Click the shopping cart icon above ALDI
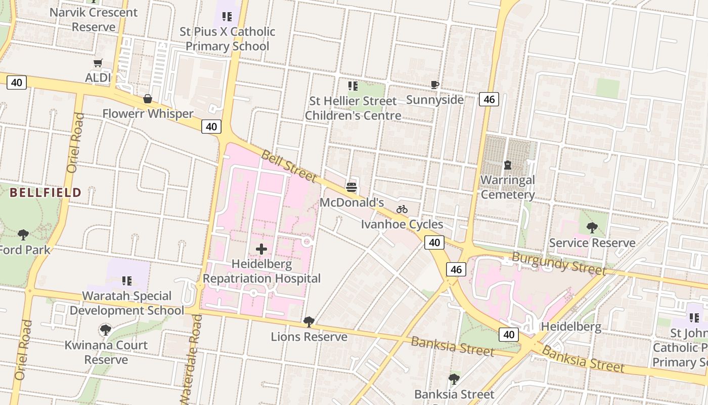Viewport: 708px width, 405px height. coord(98,63)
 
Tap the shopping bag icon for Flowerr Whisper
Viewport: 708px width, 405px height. coord(148,99)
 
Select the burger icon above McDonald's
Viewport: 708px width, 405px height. coord(351,187)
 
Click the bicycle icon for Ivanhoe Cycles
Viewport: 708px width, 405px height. coord(402,209)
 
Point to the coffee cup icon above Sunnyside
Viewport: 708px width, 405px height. coord(435,85)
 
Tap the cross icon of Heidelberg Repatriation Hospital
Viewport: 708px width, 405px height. coord(261,249)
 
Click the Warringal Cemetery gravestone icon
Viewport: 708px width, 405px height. coord(507,165)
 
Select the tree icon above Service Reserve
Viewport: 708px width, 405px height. coord(592,228)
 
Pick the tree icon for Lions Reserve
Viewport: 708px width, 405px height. coord(308,321)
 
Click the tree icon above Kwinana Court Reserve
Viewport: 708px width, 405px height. coord(106,330)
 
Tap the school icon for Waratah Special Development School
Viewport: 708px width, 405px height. coord(127,280)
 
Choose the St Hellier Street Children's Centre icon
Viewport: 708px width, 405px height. coord(352,86)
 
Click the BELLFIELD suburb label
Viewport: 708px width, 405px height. coord(46,192)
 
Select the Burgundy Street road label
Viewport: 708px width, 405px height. coord(558,262)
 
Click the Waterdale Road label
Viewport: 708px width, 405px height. coord(191,359)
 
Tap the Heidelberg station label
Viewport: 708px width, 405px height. coord(571,327)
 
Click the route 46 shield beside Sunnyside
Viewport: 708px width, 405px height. coord(489,99)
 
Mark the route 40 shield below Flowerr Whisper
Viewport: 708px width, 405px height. coord(211,127)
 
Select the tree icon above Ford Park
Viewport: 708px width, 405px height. coord(23,234)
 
